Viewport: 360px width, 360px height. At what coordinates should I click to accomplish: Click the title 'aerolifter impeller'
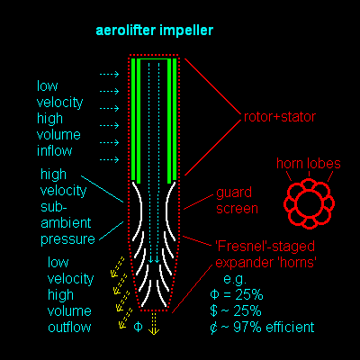pyautogui.click(x=155, y=31)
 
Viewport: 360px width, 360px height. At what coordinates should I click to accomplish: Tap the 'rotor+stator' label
pyautogui.click(x=280, y=117)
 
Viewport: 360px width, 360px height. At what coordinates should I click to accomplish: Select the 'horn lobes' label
pyautogui.click(x=309, y=164)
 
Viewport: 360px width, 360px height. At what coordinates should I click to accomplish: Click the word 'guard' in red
pyautogui.click(x=234, y=193)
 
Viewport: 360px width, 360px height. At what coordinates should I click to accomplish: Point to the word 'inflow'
pyautogui.click(x=55, y=150)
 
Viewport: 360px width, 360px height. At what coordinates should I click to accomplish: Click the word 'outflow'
pyautogui.click(x=69, y=327)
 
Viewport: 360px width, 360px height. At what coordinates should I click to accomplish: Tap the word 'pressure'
pyautogui.click(x=67, y=239)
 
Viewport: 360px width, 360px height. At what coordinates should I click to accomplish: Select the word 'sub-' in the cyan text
pyautogui.click(x=53, y=207)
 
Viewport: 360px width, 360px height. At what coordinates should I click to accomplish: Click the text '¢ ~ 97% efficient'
pyautogui.click(x=262, y=328)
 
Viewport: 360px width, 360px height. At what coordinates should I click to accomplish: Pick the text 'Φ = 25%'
pyautogui.click(x=237, y=294)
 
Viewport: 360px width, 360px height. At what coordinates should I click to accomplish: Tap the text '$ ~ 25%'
pyautogui.click(x=236, y=310)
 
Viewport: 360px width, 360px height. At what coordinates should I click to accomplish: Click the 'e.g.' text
pyautogui.click(x=235, y=280)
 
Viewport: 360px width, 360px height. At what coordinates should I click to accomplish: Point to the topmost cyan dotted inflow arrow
pyautogui.click(x=109, y=75)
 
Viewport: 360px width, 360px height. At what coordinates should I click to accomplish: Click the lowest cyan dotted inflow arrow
pyautogui.click(x=109, y=159)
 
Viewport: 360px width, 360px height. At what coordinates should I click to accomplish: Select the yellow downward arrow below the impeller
pyautogui.click(x=154, y=324)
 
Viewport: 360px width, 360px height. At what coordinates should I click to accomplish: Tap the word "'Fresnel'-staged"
pyautogui.click(x=265, y=247)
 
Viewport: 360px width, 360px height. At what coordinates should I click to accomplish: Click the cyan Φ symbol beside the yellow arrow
pyautogui.click(x=138, y=327)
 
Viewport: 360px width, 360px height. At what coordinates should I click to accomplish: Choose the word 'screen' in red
pyautogui.click(x=237, y=209)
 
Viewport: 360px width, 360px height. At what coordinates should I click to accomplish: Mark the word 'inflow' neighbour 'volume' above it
pyautogui.click(x=58, y=135)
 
